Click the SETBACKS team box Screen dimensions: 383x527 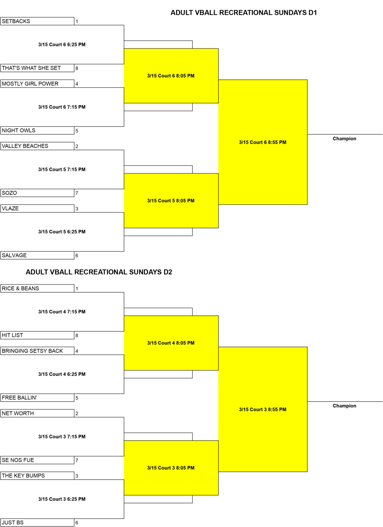(37, 21)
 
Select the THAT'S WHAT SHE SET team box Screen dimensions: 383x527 (37, 68)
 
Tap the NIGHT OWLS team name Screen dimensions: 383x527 (19, 131)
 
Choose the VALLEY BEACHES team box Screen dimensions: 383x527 (37, 146)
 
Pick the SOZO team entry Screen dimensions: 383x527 (37, 193)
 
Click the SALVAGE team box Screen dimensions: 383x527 (37, 255)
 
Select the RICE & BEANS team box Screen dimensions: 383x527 (37, 289)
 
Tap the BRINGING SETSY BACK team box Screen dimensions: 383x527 (37, 351)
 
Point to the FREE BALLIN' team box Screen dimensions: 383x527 (37, 398)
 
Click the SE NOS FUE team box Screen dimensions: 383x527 (37, 460)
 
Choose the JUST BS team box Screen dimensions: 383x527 (37, 523)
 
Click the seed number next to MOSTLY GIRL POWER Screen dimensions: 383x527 (77, 84)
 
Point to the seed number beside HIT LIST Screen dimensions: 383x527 (77, 336)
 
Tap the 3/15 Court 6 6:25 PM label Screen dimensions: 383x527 (62, 45)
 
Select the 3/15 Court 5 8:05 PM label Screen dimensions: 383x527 (171, 201)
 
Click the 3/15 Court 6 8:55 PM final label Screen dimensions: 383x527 (263, 142)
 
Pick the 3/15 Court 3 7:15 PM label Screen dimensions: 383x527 (62, 437)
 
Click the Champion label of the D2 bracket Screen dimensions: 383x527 (345, 406)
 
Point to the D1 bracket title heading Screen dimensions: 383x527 (244, 12)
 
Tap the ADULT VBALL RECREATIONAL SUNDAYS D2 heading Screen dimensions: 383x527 (99, 272)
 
